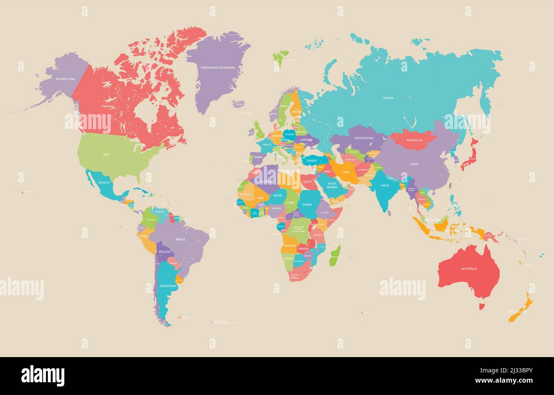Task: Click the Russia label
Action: [x=388, y=98]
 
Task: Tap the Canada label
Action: [x=107, y=106]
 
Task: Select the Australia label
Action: [x=468, y=268]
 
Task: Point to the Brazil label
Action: [x=181, y=239]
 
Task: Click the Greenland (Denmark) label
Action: [x=218, y=68]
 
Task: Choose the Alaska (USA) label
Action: [x=65, y=79]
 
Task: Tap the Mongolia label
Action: [x=414, y=140]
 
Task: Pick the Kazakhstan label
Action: [x=364, y=138]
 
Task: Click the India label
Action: [x=385, y=185]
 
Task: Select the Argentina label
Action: [x=167, y=286]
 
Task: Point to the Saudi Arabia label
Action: [x=332, y=185]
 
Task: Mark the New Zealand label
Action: [x=517, y=312]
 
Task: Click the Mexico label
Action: [x=104, y=182]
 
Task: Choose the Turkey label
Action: [x=312, y=161]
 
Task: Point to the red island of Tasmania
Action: [x=482, y=306]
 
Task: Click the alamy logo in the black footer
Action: [x=43, y=376]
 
